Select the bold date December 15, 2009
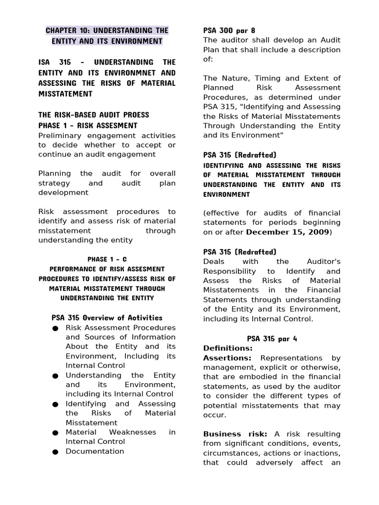coord(287,232)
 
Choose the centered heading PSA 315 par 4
coord(272,339)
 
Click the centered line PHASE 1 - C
coord(107,259)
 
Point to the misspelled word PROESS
coord(133,115)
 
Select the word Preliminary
coord(61,135)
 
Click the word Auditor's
coord(322,261)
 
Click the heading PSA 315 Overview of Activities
coord(107,318)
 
